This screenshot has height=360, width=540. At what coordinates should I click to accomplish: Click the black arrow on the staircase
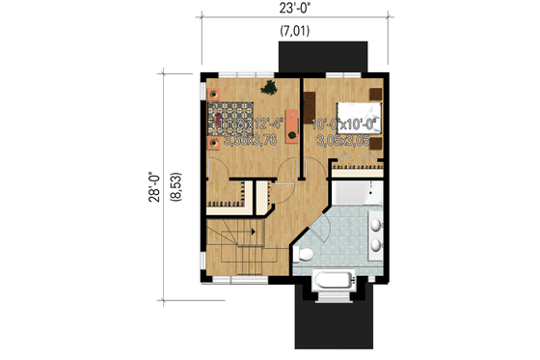[x=252, y=232]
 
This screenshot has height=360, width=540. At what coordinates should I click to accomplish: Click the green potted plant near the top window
[x=273, y=88]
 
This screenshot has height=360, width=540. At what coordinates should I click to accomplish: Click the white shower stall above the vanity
[x=357, y=197]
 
